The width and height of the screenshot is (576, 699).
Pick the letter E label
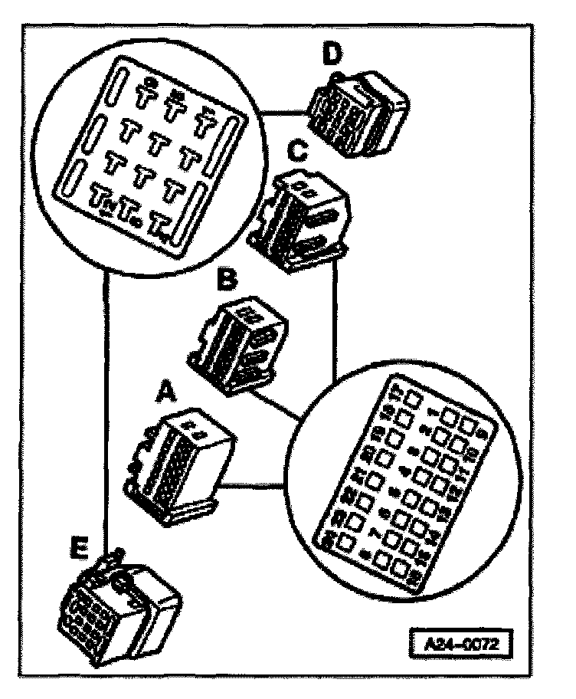[77, 547]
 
